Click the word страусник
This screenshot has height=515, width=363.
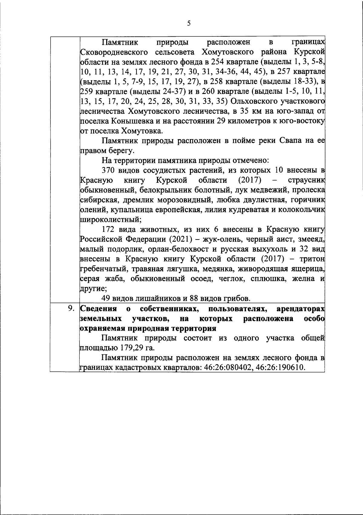(x=306, y=180)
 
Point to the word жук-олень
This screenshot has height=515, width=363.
(x=215, y=239)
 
